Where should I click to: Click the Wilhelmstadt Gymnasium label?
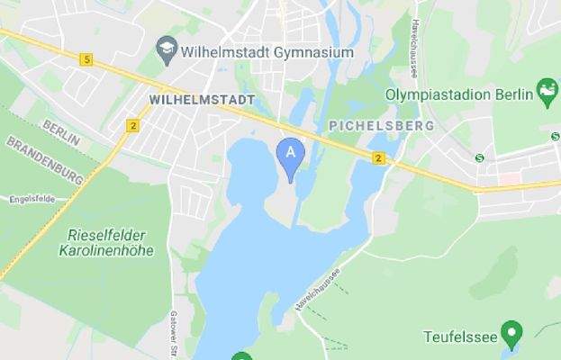267,52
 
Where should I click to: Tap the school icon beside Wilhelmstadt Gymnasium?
166,48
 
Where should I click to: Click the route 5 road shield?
86,59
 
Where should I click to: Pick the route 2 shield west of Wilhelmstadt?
133,125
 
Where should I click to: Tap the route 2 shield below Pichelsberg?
379,158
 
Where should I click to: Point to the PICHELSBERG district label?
382,125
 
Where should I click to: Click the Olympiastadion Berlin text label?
459,94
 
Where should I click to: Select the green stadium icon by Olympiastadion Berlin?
547,90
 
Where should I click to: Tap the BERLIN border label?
61,134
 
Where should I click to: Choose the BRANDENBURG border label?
44,160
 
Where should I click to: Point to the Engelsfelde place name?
32,200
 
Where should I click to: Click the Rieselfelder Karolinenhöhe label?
111,242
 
